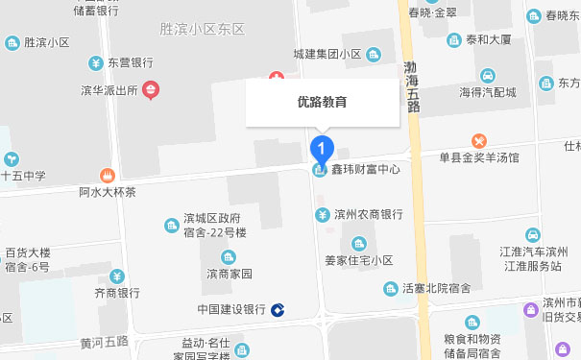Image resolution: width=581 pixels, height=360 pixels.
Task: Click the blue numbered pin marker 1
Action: point(323,149)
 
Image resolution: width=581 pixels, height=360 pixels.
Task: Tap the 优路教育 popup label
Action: point(322,101)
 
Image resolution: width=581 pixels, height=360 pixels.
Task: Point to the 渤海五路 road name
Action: point(413,87)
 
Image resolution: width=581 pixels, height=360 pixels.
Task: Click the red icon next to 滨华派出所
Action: point(151,91)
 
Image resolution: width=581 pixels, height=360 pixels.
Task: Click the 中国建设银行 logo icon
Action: point(278,309)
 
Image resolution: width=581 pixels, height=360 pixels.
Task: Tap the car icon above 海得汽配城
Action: point(487,76)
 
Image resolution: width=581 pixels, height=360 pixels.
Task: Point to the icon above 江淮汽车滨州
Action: point(531,234)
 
